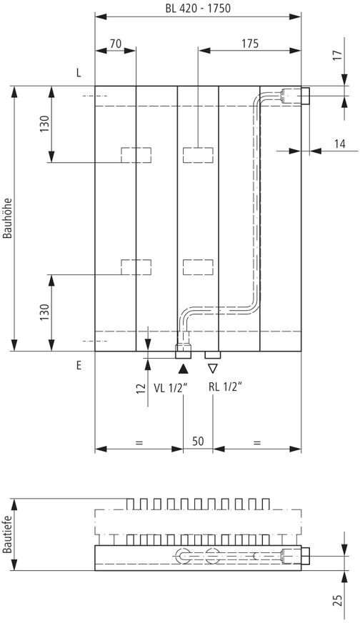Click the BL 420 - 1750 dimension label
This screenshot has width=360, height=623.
tap(198, 9)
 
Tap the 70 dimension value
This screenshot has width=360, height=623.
tap(116, 44)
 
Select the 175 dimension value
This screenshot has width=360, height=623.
tap(249, 44)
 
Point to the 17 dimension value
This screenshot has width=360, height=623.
tap(336, 55)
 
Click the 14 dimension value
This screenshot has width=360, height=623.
tap(339, 144)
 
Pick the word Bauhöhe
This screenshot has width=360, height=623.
tap(8, 218)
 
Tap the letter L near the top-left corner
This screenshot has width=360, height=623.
tap(79, 73)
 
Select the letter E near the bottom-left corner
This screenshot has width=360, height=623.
tap(79, 366)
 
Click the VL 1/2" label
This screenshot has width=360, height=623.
tap(171, 388)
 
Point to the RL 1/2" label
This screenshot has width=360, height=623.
tap(225, 387)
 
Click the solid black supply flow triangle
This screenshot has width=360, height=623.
tap(183, 369)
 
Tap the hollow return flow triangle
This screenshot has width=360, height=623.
tap(213, 369)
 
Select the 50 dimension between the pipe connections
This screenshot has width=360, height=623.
tap(198, 441)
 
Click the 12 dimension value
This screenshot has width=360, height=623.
tap(141, 388)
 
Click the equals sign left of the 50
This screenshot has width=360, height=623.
tap(139, 442)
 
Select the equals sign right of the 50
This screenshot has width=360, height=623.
tap(257, 442)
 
